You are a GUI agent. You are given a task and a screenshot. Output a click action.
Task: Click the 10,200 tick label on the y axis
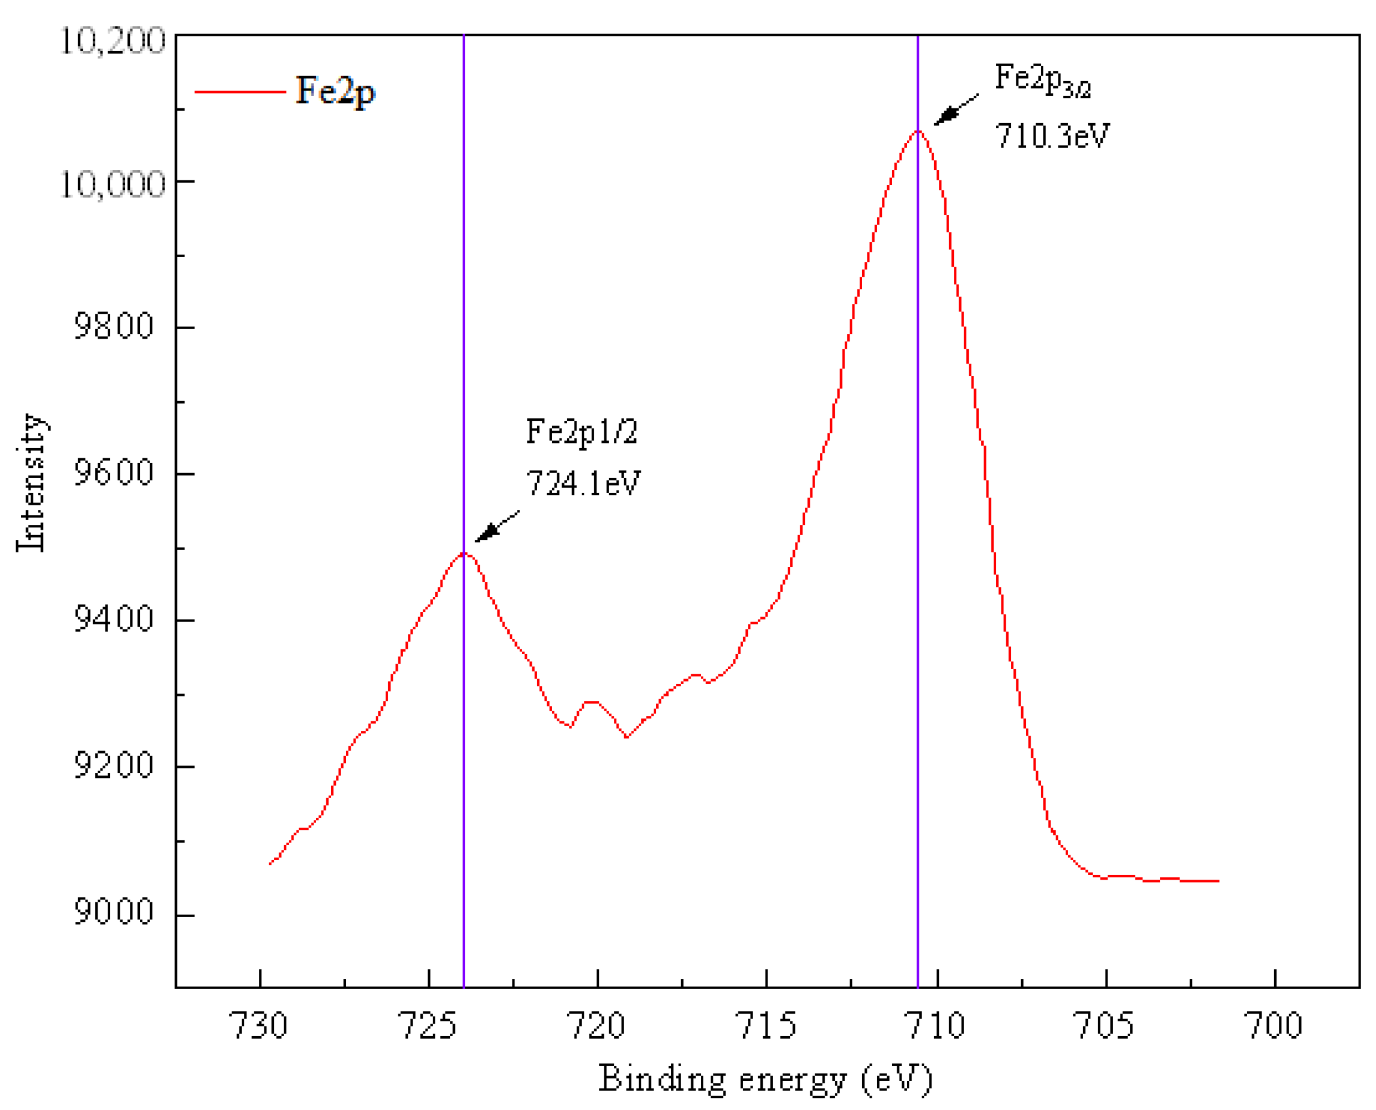[112, 42]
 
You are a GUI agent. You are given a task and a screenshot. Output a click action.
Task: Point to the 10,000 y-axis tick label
[112, 185]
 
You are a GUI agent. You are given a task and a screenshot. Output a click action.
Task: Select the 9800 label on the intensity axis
[114, 326]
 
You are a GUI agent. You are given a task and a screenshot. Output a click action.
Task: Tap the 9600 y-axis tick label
[114, 473]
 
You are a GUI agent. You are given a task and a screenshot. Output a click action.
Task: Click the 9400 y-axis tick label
[114, 619]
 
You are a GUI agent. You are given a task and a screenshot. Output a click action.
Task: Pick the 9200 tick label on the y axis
[114, 765]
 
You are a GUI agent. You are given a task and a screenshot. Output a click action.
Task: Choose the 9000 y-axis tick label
[114, 912]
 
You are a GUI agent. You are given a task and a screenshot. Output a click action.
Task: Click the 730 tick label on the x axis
[260, 1026]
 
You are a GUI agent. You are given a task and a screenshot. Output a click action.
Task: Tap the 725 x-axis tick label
[428, 1026]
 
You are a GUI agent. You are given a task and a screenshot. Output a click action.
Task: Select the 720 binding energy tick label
[597, 1026]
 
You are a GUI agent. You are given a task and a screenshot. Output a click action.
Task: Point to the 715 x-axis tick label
[766, 1026]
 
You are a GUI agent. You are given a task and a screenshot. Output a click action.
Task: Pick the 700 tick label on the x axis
[1275, 1026]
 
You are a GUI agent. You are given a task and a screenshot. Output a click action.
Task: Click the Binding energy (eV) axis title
[766, 1080]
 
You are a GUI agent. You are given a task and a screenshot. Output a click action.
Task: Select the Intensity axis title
[31, 483]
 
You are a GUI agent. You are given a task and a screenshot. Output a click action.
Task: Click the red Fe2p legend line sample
[240, 92]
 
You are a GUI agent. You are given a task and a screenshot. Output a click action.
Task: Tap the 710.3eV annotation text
[1051, 136]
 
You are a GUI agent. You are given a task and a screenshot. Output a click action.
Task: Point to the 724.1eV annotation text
[583, 483]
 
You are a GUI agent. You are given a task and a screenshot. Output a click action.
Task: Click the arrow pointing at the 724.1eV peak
[497, 526]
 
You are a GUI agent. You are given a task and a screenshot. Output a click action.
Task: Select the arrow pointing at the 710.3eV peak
[956, 110]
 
